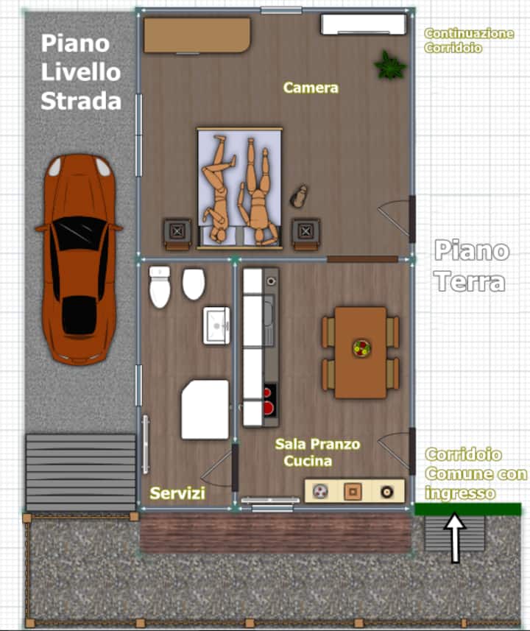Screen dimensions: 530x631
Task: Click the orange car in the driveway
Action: click(x=79, y=259)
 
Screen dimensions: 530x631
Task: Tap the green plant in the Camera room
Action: click(x=389, y=66)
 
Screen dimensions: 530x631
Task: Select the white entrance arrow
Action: click(x=455, y=537)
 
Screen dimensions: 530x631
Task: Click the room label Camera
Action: click(x=311, y=88)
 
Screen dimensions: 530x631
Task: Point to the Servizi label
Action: click(x=177, y=493)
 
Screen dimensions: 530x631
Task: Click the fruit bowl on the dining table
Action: click(x=361, y=348)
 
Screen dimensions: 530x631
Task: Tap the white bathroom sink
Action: click(x=216, y=325)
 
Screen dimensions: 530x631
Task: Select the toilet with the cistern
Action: click(x=160, y=287)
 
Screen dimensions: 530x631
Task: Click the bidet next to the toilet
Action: click(x=194, y=284)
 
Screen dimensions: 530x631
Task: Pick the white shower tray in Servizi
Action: click(x=205, y=409)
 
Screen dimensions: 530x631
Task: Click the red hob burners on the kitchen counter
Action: click(x=269, y=401)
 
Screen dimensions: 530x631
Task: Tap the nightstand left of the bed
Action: click(x=177, y=234)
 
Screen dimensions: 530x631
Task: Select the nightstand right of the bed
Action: click(x=305, y=234)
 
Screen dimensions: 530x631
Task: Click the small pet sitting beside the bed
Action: click(x=299, y=197)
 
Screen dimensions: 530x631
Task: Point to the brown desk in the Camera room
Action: click(x=197, y=35)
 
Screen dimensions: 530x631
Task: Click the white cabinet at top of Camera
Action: click(x=364, y=25)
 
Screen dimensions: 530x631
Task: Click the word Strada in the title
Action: click(x=81, y=101)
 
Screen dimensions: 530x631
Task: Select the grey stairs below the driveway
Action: click(x=80, y=472)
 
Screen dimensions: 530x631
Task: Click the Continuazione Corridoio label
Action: click(x=469, y=40)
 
